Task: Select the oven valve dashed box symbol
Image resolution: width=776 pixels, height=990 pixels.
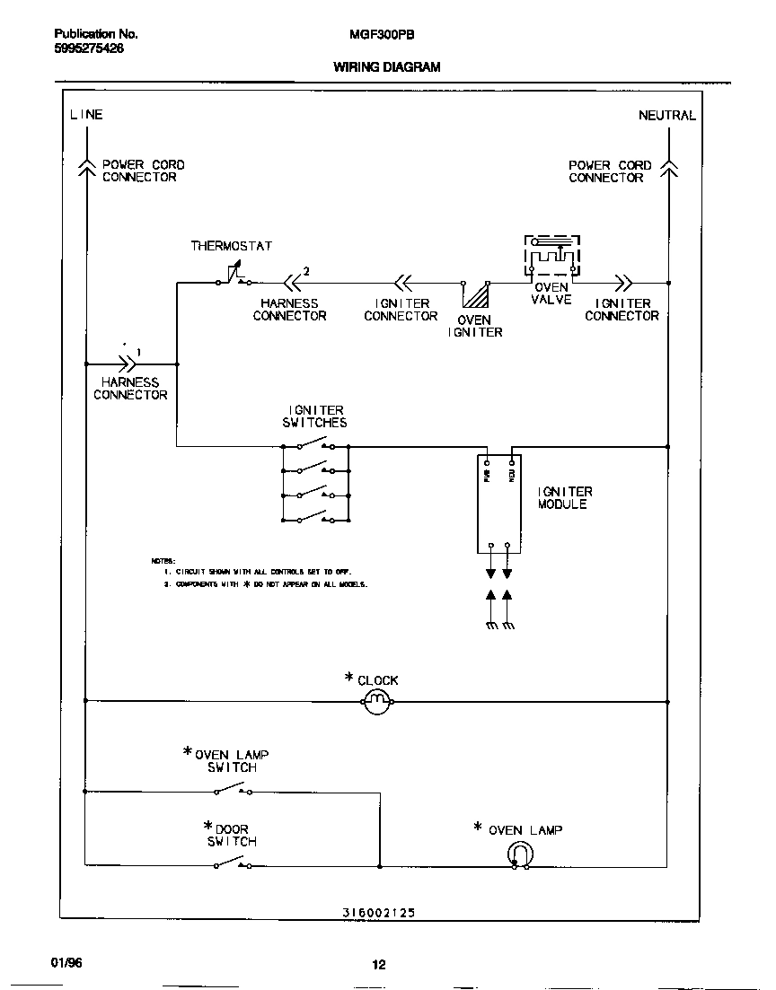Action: (552, 257)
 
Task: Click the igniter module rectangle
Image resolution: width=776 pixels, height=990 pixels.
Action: (499, 503)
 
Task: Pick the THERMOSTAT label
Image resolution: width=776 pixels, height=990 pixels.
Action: (231, 246)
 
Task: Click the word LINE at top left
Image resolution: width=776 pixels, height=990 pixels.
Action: (86, 115)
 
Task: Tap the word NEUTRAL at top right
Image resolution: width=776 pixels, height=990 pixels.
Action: (666, 116)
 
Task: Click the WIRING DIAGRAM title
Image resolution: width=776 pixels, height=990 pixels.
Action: (387, 67)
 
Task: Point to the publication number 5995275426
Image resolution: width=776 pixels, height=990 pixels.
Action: (89, 49)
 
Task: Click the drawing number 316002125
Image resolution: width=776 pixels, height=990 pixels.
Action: (378, 913)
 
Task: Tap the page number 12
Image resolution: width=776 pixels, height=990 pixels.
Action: (378, 965)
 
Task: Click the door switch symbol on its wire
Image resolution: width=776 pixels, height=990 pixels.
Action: (232, 863)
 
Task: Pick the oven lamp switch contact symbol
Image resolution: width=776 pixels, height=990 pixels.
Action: (232, 790)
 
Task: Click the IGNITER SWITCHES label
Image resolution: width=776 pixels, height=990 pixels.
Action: (314, 416)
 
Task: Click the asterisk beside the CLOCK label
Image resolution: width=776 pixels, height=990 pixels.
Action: (349, 678)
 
